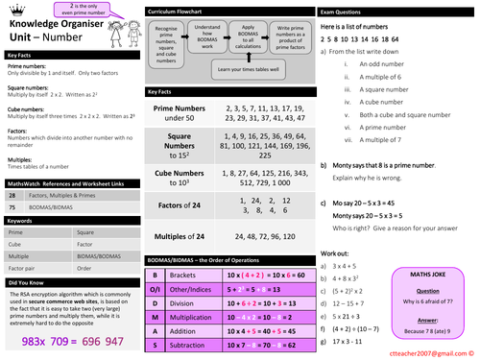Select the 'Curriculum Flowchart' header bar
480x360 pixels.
[x=227, y=12]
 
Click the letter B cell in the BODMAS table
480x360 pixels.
[x=155, y=275]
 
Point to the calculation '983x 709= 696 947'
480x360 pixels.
[x=73, y=341]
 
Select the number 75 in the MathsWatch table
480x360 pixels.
[x=12, y=205]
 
